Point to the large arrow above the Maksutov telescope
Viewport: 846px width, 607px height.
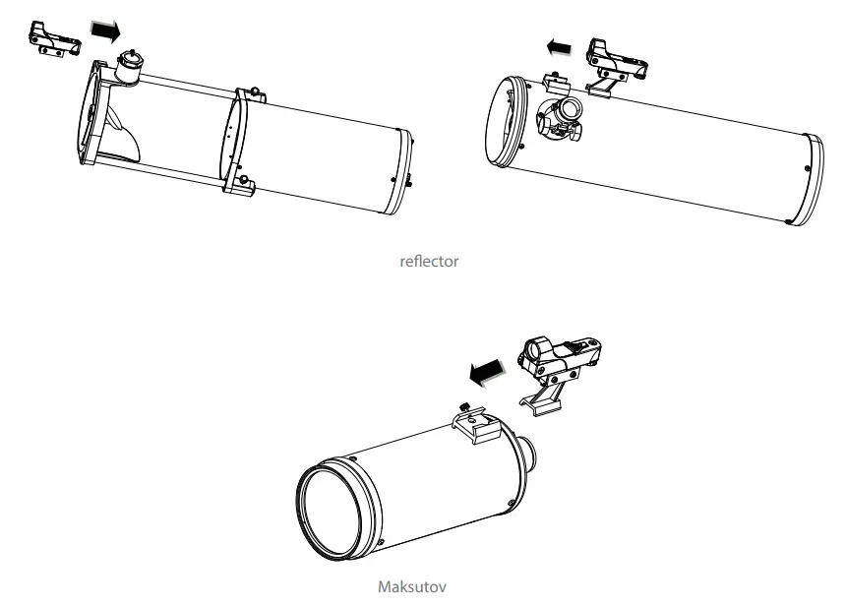tap(489, 371)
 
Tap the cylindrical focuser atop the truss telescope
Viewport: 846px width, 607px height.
tap(131, 67)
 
